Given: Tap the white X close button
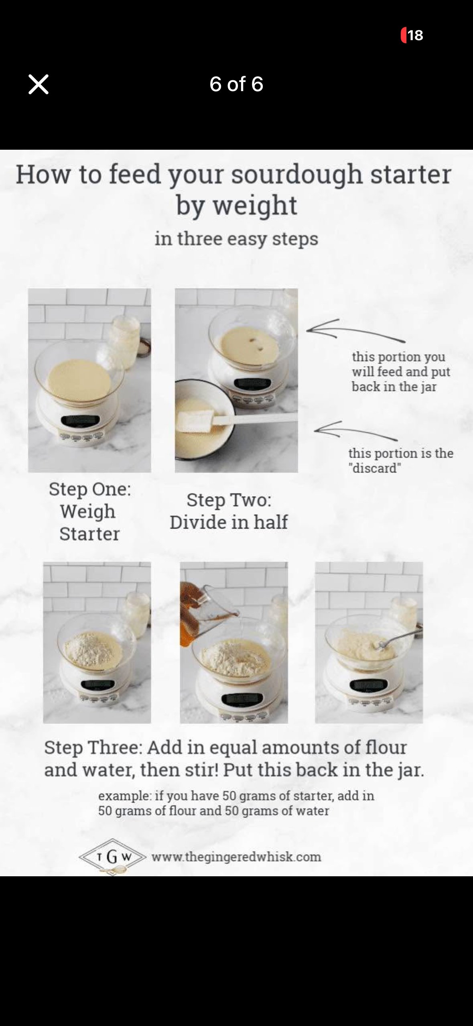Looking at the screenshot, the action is pos(39,84).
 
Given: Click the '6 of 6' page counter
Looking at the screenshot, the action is pos(236,84).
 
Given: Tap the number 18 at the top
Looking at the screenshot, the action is pos(415,35).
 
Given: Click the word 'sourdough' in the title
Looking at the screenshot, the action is pos(297,175).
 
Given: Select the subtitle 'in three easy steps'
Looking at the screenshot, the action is pos(236,239).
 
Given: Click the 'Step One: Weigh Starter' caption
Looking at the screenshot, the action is pos(89,511).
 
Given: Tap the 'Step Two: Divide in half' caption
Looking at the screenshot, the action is pos(229,511).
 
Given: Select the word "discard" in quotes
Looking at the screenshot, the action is pos(375,468).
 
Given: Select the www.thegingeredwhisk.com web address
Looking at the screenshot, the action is pos(236,857).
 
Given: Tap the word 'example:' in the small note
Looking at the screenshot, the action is pos(122,796).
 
